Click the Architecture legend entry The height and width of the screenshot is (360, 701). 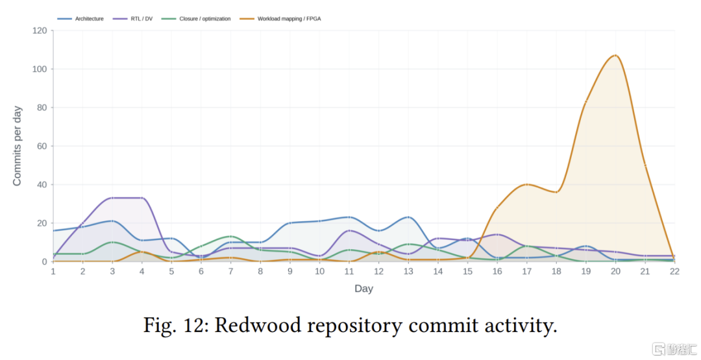coord(81,19)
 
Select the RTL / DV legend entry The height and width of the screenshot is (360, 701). coord(133,19)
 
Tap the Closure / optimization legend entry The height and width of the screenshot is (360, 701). coord(196,19)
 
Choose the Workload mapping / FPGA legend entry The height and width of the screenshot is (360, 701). coord(280,19)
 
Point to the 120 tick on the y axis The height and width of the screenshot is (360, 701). coord(40,31)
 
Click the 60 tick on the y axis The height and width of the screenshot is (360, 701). coord(42,146)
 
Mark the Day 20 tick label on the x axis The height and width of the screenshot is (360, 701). coord(615,272)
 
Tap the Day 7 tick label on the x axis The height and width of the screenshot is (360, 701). coord(230,272)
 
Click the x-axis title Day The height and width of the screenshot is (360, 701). coord(364,289)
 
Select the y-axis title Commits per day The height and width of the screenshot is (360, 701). coord(17,146)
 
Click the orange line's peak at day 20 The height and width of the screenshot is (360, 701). coord(615,55)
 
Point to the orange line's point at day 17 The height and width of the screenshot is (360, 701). coord(527,184)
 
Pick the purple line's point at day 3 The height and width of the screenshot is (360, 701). coord(112,198)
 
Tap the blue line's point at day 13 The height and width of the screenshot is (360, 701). coord(408,217)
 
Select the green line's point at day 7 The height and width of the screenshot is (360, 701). coord(230,236)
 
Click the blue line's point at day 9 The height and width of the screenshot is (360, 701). coord(289,223)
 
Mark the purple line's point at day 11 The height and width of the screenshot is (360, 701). coord(349,230)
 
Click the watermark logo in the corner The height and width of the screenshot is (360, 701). coord(659,349)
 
